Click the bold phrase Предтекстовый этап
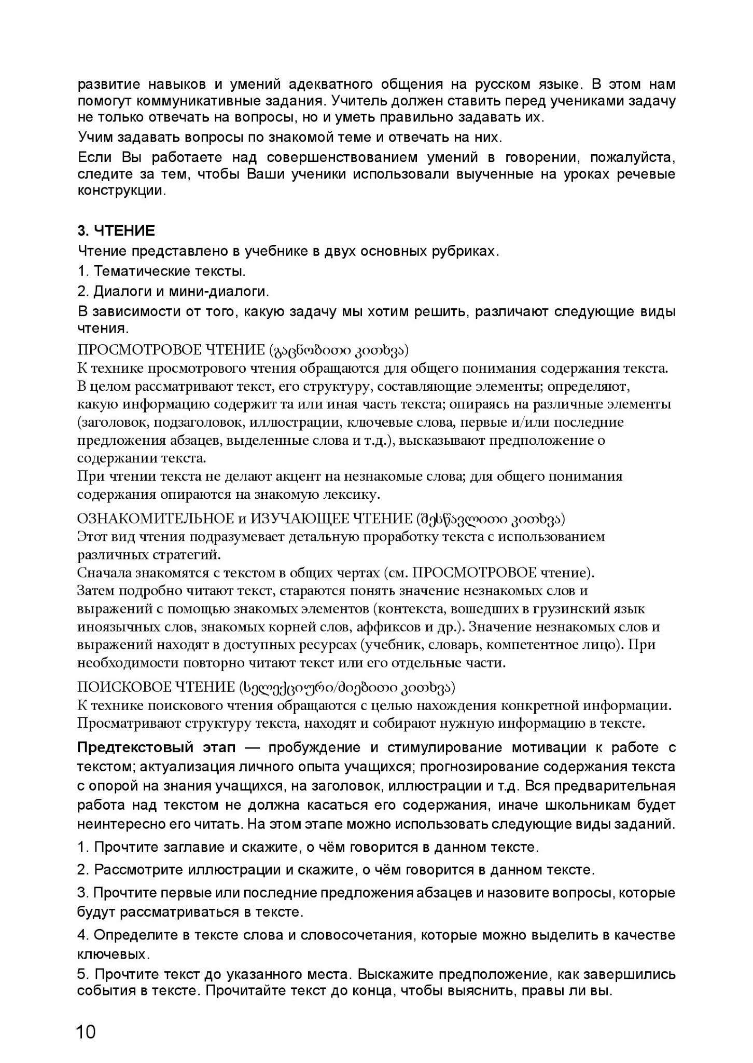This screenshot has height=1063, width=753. (156, 748)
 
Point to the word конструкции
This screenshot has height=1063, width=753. (122, 190)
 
